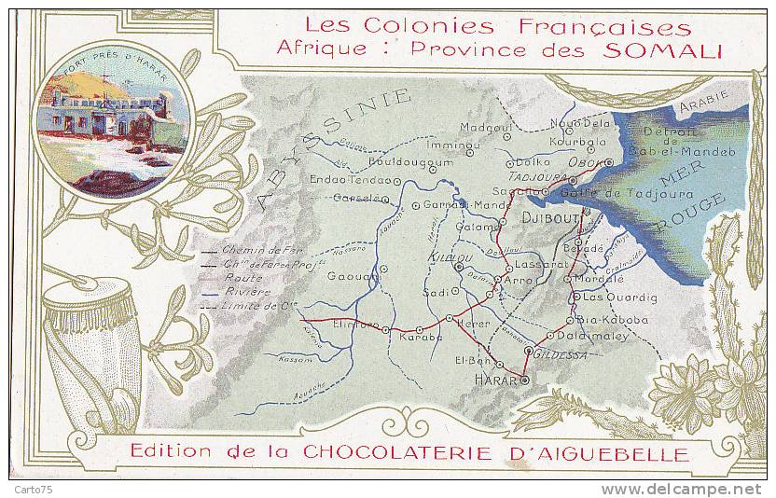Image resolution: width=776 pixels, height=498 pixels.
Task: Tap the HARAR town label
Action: coord(494,380)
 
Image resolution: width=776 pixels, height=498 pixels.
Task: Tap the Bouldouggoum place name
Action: coord(416,161)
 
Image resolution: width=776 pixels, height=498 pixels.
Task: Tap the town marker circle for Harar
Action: coord(524,380)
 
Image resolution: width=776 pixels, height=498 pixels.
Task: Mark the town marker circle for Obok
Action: coord(609,161)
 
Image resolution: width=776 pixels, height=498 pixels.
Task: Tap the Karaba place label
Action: coord(421,338)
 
